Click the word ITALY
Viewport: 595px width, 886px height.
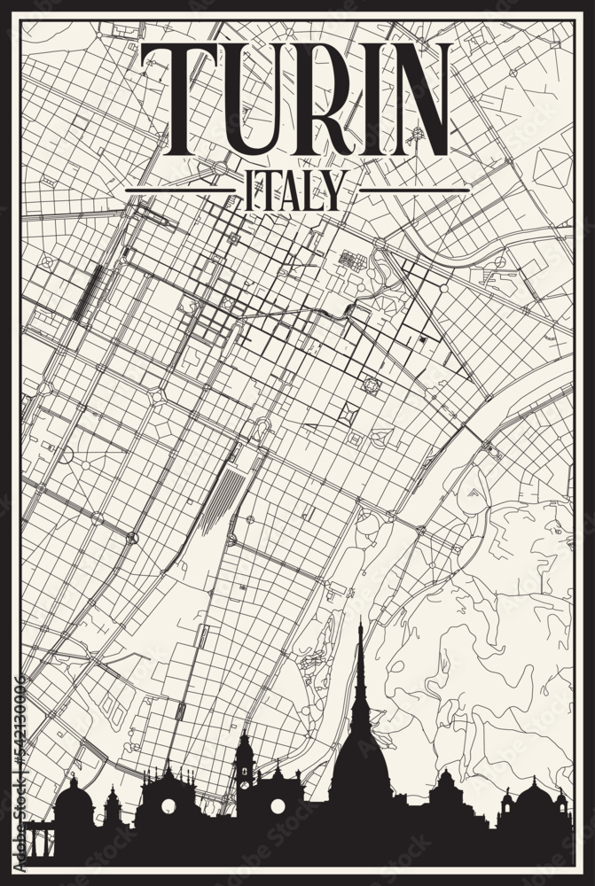292,190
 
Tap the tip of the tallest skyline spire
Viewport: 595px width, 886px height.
359,626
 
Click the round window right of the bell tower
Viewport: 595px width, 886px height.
278,805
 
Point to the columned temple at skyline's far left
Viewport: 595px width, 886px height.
40,838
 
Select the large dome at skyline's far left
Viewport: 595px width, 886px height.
74,802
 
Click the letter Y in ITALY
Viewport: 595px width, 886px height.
331,190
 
